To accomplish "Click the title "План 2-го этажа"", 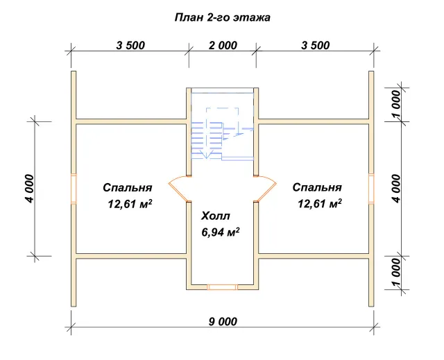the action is [x=222, y=17].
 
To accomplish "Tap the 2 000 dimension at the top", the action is [x=223, y=45].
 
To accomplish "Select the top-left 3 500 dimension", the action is [x=130, y=45].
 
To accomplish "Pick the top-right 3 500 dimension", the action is [x=316, y=45].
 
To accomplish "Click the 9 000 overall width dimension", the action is [x=223, y=322].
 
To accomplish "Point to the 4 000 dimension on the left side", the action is [x=29, y=189].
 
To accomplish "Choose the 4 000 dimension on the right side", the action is [x=396, y=189].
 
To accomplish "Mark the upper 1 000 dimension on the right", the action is [x=396, y=105].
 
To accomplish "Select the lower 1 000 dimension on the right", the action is [x=396, y=273].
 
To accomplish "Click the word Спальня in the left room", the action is [x=128, y=188].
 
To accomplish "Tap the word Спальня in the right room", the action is [x=317, y=187].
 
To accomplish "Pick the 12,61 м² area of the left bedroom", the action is [x=130, y=204].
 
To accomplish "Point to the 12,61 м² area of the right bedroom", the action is [x=319, y=203].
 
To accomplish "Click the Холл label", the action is [x=216, y=216].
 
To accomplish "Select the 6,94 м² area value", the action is [x=221, y=232].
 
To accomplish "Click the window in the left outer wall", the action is [x=74, y=189].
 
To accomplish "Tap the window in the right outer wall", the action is [x=371, y=189].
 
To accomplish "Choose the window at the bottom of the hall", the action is [x=223, y=287].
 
